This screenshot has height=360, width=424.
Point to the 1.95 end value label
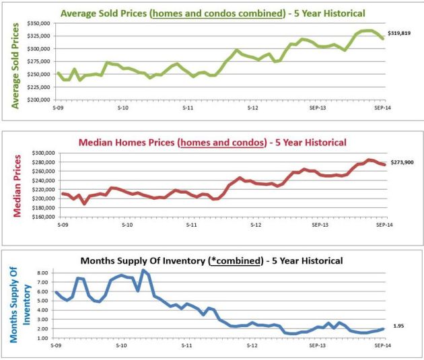398,326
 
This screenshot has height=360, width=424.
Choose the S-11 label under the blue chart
186,354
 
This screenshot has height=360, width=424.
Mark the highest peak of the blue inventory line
143,270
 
